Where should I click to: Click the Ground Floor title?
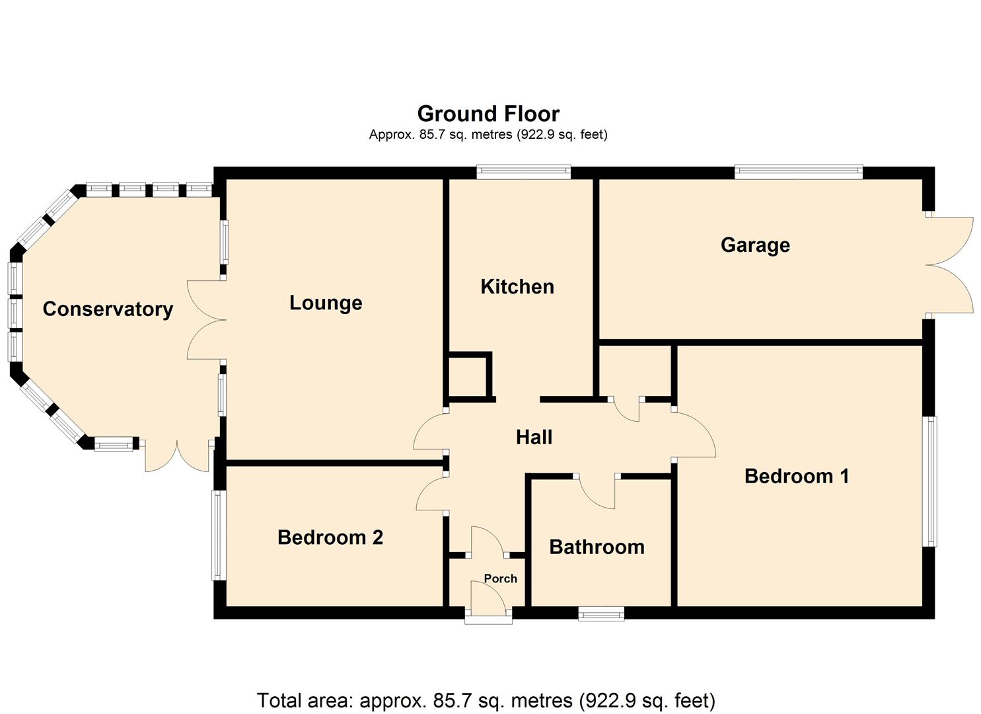(488, 114)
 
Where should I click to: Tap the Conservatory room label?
(108, 309)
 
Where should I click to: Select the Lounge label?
(326, 303)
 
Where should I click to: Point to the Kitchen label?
(517, 286)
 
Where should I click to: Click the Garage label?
(755, 245)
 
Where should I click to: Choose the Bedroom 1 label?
(797, 476)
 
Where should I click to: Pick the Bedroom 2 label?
(330, 537)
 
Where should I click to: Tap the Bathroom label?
(597, 547)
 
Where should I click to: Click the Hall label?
(534, 437)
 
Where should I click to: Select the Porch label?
(500, 578)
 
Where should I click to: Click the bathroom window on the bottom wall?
(601, 615)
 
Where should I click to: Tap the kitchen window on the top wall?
(524, 172)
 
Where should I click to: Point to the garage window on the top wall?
(799, 172)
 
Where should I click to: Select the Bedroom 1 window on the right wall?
(929, 481)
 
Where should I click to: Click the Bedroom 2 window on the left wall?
(219, 535)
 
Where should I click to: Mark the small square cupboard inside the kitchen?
(468, 377)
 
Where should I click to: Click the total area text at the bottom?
(486, 700)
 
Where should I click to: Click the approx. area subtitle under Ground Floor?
(488, 135)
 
